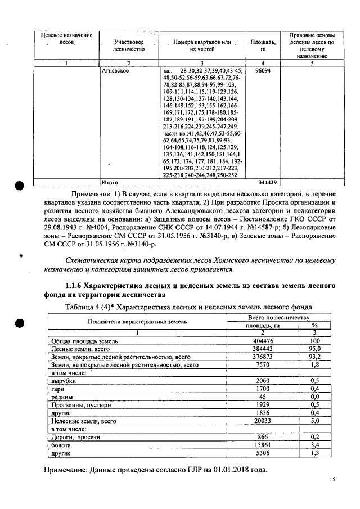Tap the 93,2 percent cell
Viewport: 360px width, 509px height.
point(315,357)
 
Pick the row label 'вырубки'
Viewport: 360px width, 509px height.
point(63,381)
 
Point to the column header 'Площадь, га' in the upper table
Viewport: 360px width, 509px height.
point(263,46)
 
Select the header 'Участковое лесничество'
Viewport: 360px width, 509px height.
point(128,46)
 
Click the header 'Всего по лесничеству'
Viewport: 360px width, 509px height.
point(278,317)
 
